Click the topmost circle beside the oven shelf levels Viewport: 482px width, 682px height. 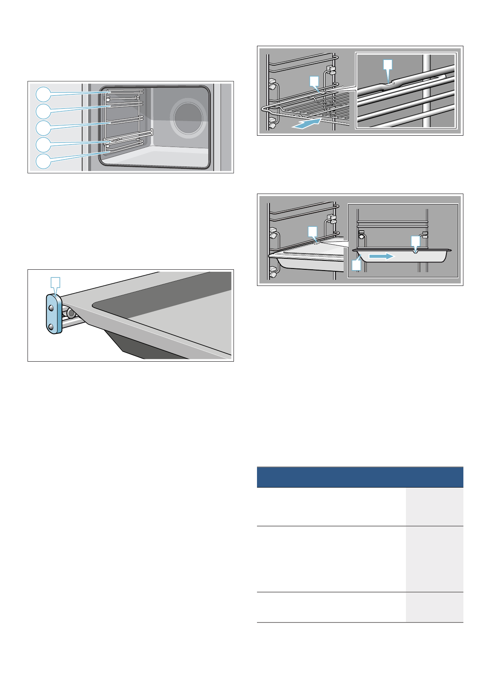(x=43, y=94)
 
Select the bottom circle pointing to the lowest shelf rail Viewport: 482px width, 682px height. (x=43, y=161)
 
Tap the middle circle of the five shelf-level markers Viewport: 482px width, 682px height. (x=43, y=128)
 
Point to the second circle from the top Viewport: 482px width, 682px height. (x=43, y=111)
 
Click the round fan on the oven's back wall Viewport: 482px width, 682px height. (x=188, y=117)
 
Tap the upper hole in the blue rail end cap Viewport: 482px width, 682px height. (x=51, y=308)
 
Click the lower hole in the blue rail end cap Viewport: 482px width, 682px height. (x=51, y=326)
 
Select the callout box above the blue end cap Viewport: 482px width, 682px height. (x=55, y=282)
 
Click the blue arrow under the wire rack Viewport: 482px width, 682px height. (x=306, y=123)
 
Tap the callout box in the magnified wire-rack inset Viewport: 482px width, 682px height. (x=388, y=64)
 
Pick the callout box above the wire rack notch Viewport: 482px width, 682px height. (x=314, y=81)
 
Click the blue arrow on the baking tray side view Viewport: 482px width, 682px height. (x=380, y=256)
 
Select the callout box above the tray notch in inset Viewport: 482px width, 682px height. (x=416, y=241)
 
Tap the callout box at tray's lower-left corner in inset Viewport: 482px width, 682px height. (x=356, y=265)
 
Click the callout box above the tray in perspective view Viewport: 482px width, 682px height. (x=312, y=231)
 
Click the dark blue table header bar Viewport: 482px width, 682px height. (x=360, y=477)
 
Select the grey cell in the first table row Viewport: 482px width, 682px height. (x=434, y=506)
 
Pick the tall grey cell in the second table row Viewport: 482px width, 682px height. (x=434, y=559)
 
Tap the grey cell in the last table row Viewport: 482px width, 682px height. (x=434, y=607)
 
